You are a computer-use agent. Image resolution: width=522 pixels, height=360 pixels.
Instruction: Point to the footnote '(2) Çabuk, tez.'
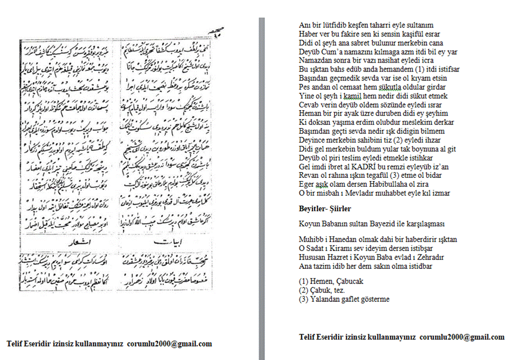tap(322, 290)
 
